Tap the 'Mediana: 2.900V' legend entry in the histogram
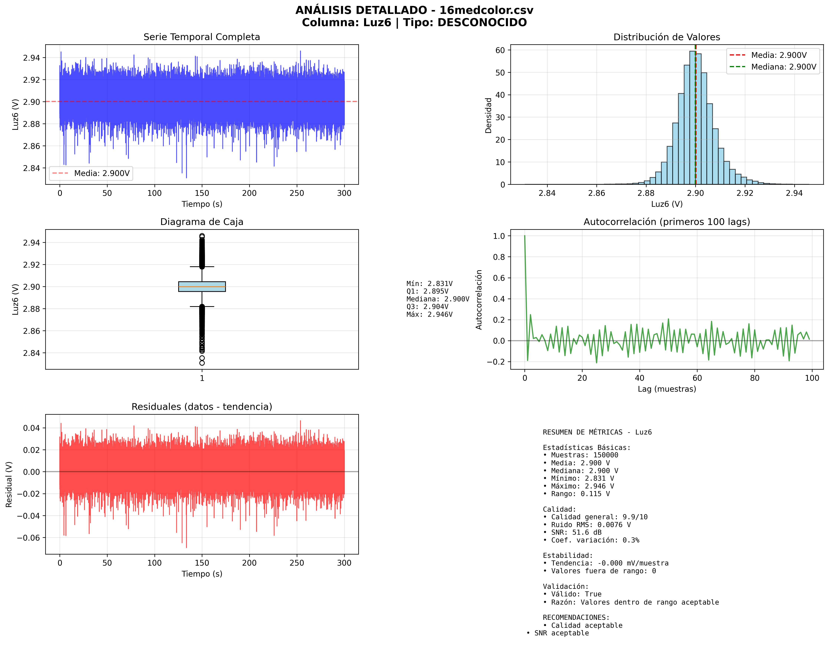[x=783, y=67]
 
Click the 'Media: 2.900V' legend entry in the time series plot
[x=102, y=174]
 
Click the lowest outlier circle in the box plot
[x=202, y=363]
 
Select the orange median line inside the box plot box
[x=202, y=287]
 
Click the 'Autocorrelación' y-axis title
[x=479, y=300]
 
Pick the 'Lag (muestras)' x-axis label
[x=667, y=389]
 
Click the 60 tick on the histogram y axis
[x=500, y=50]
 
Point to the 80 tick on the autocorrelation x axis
[x=754, y=378]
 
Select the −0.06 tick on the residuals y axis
[x=29, y=538]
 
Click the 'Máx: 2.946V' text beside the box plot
[x=429, y=314]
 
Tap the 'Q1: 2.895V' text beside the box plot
[x=427, y=291]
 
